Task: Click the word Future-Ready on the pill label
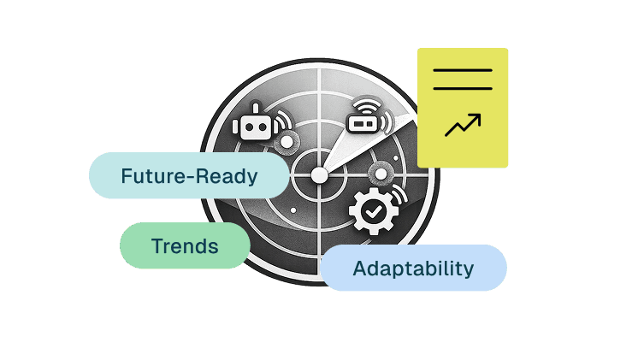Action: [x=189, y=176]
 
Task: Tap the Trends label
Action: [x=185, y=247]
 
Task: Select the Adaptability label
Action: [x=413, y=269]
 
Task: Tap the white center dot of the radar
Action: [x=319, y=174]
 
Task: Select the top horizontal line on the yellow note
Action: [x=463, y=70]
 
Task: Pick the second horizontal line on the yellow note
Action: [x=463, y=87]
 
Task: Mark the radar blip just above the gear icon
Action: [x=378, y=174]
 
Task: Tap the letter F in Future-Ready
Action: [x=127, y=176]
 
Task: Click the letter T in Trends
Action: [x=157, y=247]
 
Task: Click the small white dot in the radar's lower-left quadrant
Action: [x=293, y=210]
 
